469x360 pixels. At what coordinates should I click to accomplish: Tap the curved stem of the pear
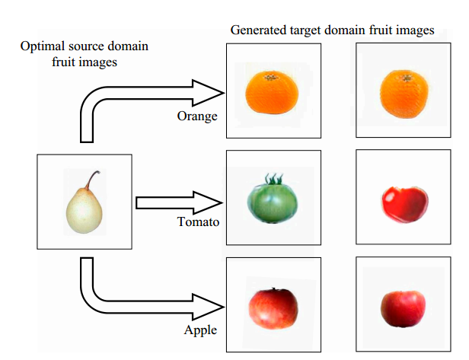pos(91,180)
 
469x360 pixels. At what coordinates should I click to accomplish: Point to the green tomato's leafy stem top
pos(273,179)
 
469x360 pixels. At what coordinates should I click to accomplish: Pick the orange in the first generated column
pos(272,92)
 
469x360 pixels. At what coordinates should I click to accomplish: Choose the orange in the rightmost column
pos(404,94)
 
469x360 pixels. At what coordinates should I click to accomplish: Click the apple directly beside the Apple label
pos(273,308)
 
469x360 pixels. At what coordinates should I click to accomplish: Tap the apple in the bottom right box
pos(403,308)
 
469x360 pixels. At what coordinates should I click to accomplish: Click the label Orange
pos(197,116)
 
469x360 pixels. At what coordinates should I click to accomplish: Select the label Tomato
pos(198,222)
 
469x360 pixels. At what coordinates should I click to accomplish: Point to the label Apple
pos(200,330)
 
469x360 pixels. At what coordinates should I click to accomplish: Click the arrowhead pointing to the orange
pos(208,93)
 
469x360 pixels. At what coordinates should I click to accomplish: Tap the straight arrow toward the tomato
pos(179,202)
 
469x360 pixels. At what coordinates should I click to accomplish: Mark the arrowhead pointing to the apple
pos(208,307)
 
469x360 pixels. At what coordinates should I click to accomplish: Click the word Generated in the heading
pos(258,30)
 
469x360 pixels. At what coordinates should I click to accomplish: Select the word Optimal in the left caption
pos(43,46)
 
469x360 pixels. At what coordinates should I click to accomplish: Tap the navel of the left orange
pos(271,78)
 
